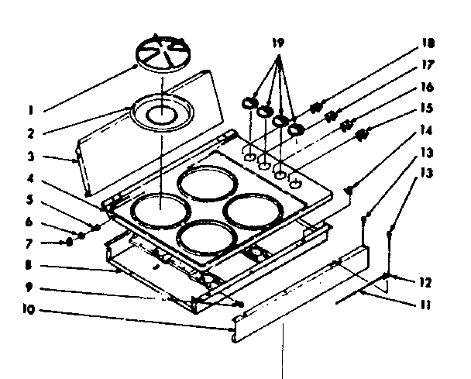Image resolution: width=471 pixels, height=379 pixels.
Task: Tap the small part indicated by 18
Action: tap(317, 106)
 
